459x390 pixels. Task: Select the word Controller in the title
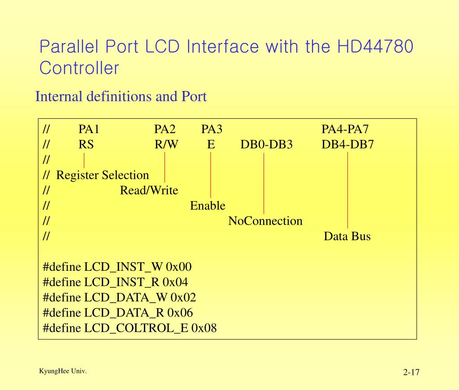(x=79, y=68)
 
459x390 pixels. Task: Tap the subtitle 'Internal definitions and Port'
(x=121, y=96)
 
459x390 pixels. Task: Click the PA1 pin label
(x=89, y=130)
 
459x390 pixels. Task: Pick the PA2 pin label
(x=165, y=130)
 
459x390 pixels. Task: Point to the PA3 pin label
(x=212, y=130)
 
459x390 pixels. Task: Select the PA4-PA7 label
(x=345, y=130)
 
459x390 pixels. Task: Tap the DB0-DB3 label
(x=266, y=145)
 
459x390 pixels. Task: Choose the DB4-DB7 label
(x=347, y=145)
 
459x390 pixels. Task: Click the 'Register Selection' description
(x=103, y=175)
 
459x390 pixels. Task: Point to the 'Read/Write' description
(x=149, y=191)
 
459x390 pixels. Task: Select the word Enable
(x=208, y=206)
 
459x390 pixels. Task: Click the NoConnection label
(x=265, y=221)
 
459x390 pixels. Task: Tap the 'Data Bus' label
(x=347, y=236)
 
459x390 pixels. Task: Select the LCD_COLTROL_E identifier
(x=136, y=328)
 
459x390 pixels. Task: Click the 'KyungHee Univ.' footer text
(x=63, y=371)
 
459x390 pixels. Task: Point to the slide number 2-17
(x=411, y=372)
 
